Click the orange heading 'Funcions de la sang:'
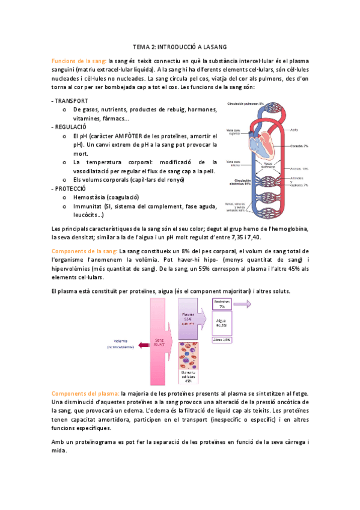coord(79,61)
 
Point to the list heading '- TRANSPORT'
coord(70,100)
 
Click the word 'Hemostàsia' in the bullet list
coord(90,197)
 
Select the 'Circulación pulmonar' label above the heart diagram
coord(245,103)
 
